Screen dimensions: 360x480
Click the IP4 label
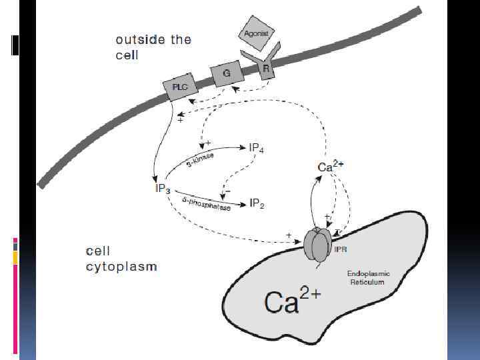click(257, 148)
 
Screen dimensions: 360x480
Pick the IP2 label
click(257, 204)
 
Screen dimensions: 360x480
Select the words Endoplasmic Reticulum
click(366, 277)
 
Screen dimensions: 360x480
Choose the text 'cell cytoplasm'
click(121, 259)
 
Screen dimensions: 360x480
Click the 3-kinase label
click(200, 161)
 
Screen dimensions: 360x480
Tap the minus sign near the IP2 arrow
click(227, 190)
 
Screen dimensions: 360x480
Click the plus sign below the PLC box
click(181, 121)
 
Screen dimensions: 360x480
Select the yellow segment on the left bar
click(15, 257)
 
